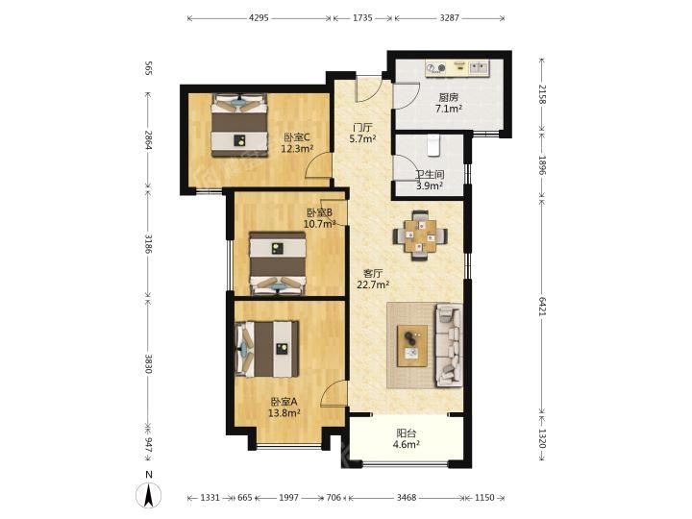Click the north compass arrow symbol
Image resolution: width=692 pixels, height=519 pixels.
pos(149,495)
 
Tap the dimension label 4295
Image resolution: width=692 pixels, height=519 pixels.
pos(259,18)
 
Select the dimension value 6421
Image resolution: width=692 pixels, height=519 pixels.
pos(542,306)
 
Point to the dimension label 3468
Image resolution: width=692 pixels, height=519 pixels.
pos(406,498)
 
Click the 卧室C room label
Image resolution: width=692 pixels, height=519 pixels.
pos(297,137)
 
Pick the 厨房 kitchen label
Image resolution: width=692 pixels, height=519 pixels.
pos(449,97)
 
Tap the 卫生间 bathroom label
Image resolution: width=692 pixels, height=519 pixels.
pos(430,175)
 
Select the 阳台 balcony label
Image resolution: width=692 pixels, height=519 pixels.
pos(406,432)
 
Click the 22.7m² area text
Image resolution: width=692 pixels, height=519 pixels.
pos(373,284)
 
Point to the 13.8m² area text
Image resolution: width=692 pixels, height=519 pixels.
pos(284,413)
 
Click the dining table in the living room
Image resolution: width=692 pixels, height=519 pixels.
pos(420,235)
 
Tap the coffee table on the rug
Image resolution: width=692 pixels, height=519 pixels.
pos(412,346)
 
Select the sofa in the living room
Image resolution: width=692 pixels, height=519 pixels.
pos(449,345)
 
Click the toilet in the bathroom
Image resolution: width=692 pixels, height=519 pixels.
pos(433,145)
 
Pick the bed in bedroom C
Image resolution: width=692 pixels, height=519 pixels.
pos(239,125)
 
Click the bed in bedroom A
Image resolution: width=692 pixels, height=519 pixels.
pos(267,349)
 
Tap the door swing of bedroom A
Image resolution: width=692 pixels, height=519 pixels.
pos(333,394)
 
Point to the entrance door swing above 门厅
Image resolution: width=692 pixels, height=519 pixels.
pos(368,88)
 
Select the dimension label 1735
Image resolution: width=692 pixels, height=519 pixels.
pos(362,18)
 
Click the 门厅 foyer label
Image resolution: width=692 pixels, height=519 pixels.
pos(362,128)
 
